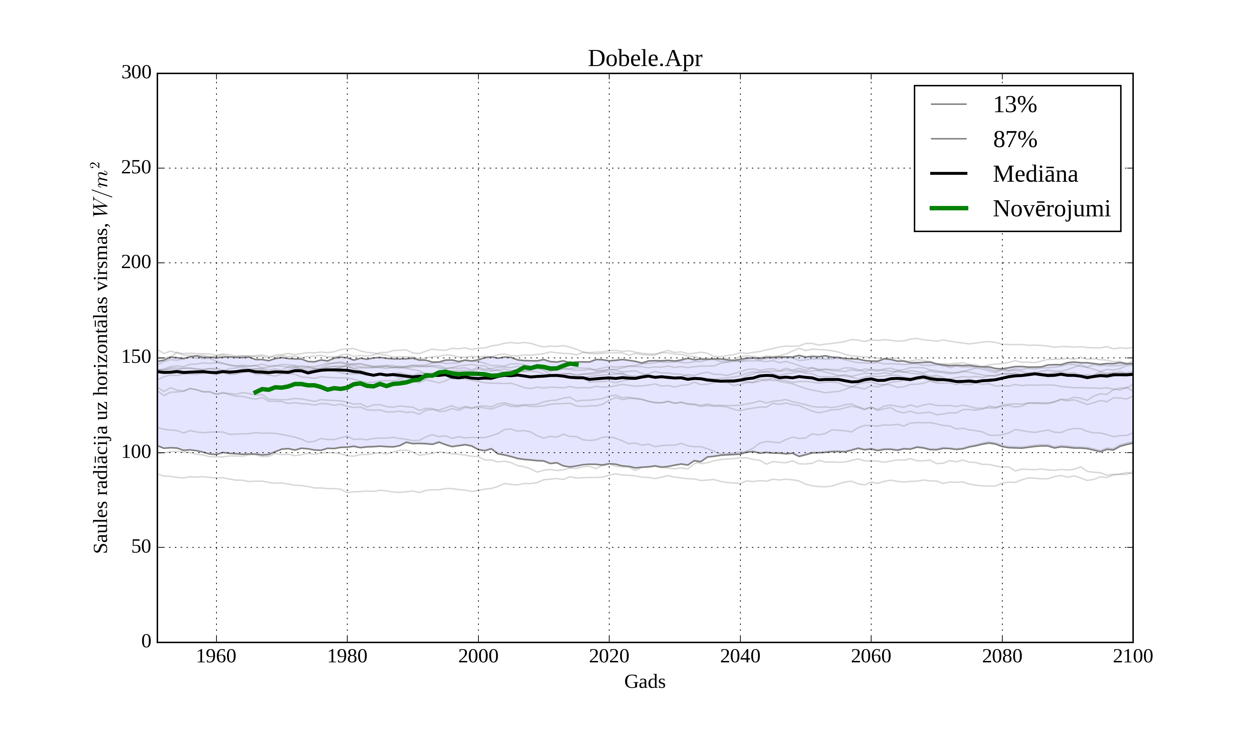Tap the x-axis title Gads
click(645, 682)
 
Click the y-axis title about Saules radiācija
click(101, 358)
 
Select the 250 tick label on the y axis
click(136, 168)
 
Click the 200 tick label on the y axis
click(136, 262)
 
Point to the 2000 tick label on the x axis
click(478, 656)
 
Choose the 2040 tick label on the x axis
click(740, 656)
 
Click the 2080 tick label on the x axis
click(1002, 656)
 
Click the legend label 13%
click(1015, 105)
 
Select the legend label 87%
click(1015, 139)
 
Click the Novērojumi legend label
click(1051, 209)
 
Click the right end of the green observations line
click(577, 365)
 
